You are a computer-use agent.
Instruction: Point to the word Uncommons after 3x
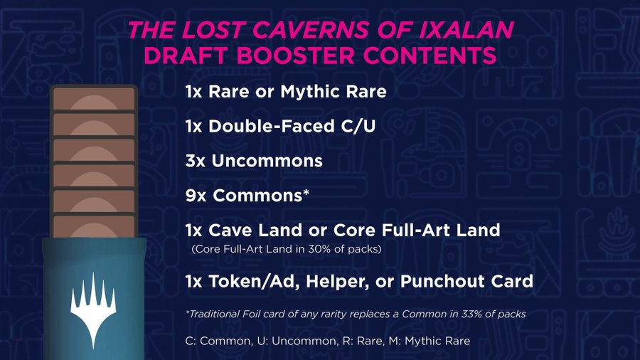tap(267, 161)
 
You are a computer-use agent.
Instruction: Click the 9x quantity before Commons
tap(196, 196)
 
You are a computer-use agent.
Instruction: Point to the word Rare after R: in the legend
tap(369, 341)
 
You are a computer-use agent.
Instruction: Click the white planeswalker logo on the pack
tap(93, 309)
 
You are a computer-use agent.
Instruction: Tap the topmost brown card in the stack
tap(94, 98)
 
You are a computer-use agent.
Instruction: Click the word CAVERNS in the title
tap(311, 30)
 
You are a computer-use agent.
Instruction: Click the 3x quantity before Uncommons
tap(196, 161)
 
